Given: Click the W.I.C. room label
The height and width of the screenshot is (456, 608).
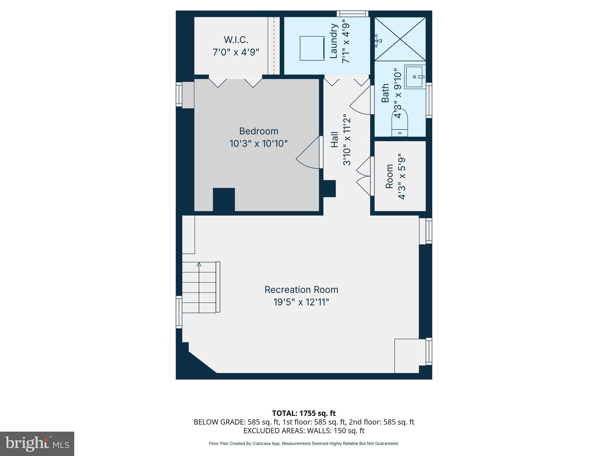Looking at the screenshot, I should pyautogui.click(x=236, y=40).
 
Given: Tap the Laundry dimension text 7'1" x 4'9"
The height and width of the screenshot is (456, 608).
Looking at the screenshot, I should pyautogui.click(x=346, y=41).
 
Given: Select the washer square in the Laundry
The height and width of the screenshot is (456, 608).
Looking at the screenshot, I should pyautogui.click(x=312, y=48).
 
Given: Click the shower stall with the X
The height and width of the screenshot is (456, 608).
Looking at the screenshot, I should pyautogui.click(x=400, y=39).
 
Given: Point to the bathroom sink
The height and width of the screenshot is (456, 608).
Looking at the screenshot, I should pyautogui.click(x=414, y=77).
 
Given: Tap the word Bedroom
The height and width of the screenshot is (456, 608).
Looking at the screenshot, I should pyautogui.click(x=259, y=131).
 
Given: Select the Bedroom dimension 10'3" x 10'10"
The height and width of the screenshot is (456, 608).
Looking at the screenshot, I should pyautogui.click(x=258, y=144).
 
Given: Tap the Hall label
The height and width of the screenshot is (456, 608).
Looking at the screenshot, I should pyautogui.click(x=335, y=140).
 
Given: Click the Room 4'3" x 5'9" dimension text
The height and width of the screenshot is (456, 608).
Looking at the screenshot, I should pyautogui.click(x=401, y=177).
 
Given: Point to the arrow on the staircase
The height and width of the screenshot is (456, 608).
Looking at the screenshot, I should pyautogui.click(x=199, y=264).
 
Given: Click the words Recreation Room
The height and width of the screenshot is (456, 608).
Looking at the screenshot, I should pyautogui.click(x=301, y=289).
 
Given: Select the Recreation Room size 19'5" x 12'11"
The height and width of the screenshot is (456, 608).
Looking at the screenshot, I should pyautogui.click(x=301, y=302).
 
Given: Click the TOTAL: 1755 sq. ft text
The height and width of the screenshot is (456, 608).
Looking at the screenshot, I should pyautogui.click(x=304, y=413).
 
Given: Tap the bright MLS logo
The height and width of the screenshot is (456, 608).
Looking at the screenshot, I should pyautogui.click(x=37, y=444).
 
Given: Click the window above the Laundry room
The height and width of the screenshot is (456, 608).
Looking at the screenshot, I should pyautogui.click(x=352, y=14).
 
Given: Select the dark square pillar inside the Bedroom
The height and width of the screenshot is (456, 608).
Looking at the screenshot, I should pyautogui.click(x=224, y=199).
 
